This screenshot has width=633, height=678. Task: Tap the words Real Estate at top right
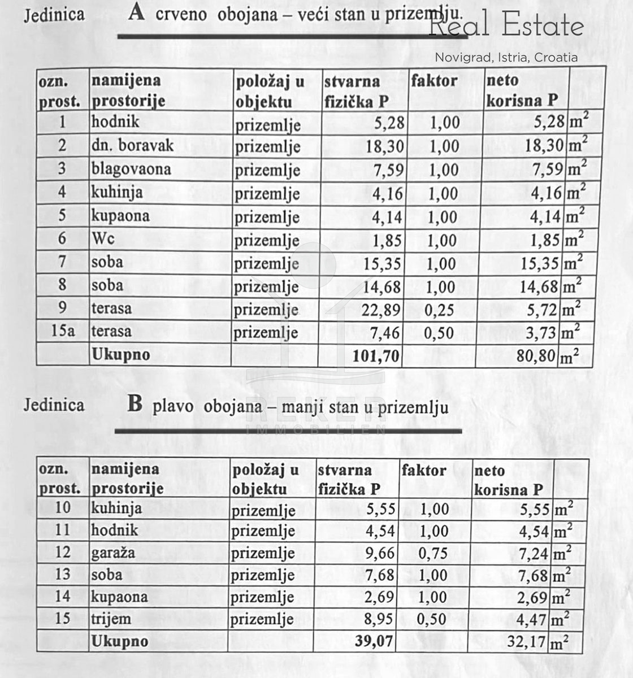[x=506, y=27]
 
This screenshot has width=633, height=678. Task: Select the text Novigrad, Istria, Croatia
[x=506, y=57]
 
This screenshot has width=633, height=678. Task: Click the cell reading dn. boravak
[x=133, y=145]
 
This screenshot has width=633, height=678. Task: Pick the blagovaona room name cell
[x=131, y=169]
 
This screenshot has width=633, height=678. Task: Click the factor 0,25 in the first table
[x=441, y=310]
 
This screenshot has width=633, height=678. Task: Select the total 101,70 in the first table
[x=376, y=356]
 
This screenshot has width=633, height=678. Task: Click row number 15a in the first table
[x=63, y=331]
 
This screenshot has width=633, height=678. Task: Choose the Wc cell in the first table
[x=103, y=239]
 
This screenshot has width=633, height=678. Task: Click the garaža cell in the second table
[x=113, y=553]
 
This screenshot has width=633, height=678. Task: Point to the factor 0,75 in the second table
[x=433, y=554]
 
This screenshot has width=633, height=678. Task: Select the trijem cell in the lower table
[x=111, y=619]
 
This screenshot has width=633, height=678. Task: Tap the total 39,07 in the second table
[x=374, y=641]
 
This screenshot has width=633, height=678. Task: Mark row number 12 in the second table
[x=63, y=553]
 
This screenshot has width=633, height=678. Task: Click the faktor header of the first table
[x=434, y=81]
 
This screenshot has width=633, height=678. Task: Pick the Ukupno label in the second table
[x=120, y=641]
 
